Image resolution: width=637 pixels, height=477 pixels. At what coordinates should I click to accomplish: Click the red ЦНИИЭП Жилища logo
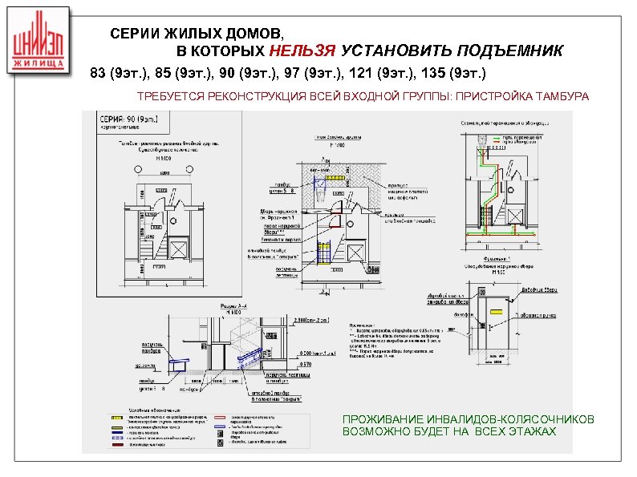(39, 43)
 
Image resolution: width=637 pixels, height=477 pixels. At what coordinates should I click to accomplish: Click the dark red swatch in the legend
(118, 444)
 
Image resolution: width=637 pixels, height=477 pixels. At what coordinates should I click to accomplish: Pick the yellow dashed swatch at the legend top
(118, 417)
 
